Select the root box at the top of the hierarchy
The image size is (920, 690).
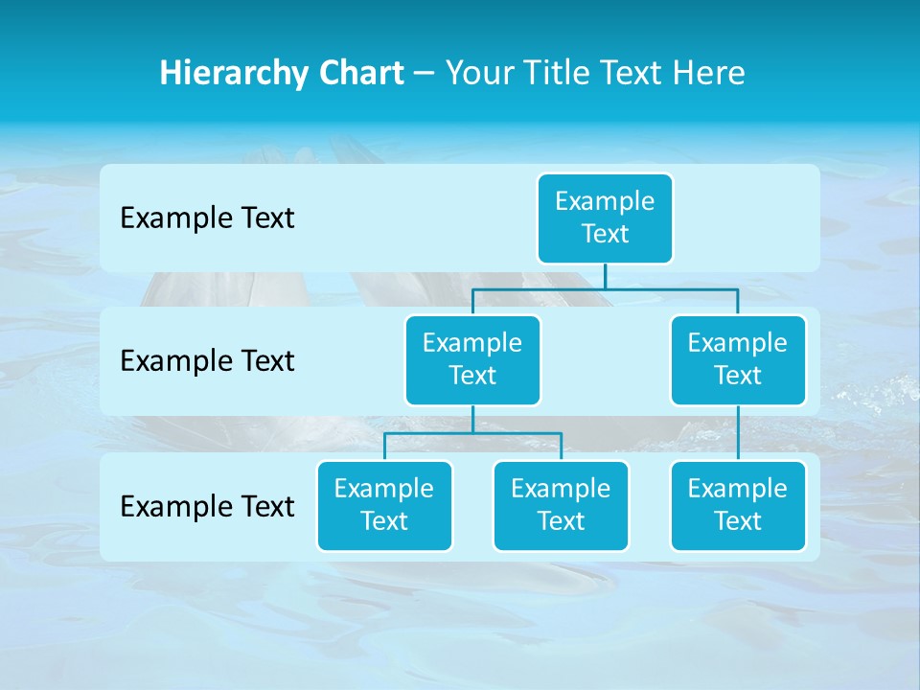pos(605,218)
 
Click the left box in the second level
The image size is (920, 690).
pos(472,360)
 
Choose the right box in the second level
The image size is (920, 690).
pos(738,360)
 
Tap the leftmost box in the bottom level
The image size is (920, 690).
pos(384,506)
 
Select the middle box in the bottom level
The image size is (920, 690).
pos(561,506)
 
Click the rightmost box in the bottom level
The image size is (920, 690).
pos(738,506)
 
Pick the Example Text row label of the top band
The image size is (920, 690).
pos(207,218)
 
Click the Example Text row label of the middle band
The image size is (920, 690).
pos(207,361)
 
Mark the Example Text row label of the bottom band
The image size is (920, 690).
pos(207,506)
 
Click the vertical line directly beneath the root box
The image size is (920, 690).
pos(605,276)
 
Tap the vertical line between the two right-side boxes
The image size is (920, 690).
pos(738,433)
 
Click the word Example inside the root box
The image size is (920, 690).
pos(605,201)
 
